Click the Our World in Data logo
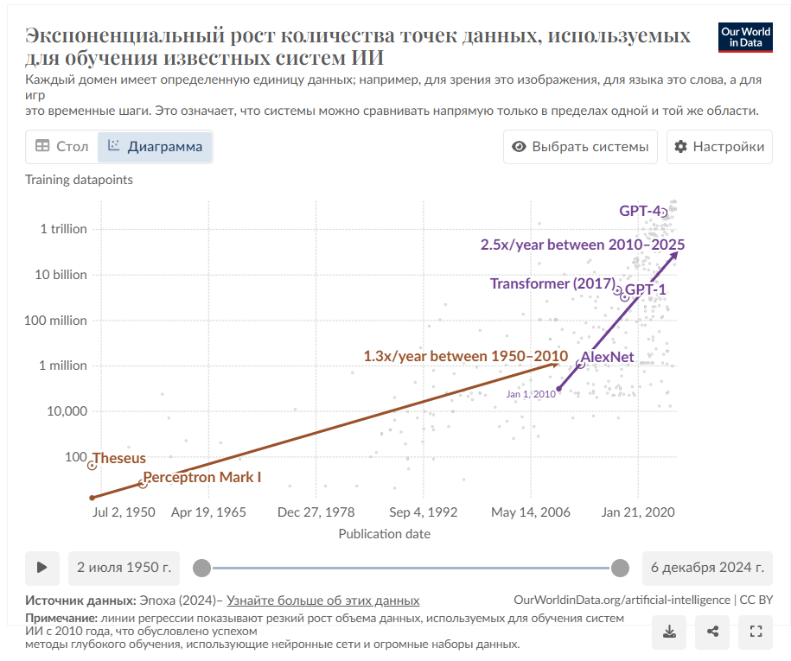pos(745,36)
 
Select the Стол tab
pos(61,147)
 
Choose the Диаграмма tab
pos(155,147)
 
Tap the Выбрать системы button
pos(580,147)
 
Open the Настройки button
pos(719,147)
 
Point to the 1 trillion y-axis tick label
pos(63,229)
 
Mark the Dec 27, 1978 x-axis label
pos(316,512)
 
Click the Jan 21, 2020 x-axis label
pos(638,512)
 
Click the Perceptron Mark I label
pos(201,477)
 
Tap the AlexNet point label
pos(607,357)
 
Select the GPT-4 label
pos(640,211)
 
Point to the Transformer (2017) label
pos(552,283)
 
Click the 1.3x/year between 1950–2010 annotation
pos(465,356)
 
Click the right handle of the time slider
pos(620,568)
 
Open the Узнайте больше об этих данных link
pos(323,601)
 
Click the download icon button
pos(668,632)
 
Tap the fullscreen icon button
pos(756,632)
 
